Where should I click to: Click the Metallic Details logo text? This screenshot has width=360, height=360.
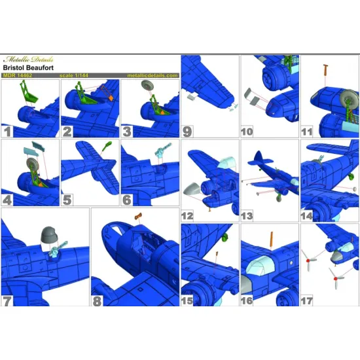(x=28, y=60)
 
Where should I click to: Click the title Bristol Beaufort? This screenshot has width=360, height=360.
(x=28, y=67)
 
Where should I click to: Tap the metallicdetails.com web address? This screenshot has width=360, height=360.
(x=153, y=75)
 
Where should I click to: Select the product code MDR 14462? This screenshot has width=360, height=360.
(x=18, y=75)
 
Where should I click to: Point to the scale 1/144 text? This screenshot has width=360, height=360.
(x=74, y=75)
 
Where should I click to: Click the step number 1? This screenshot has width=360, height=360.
(x=7, y=132)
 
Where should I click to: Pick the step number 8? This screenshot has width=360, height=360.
(x=97, y=301)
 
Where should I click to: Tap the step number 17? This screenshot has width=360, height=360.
(x=307, y=301)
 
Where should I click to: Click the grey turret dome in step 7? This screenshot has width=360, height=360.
(x=49, y=234)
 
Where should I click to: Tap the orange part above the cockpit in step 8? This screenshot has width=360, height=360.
(x=138, y=216)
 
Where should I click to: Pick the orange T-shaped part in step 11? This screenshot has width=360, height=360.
(x=325, y=70)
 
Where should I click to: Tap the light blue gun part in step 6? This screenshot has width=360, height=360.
(x=163, y=150)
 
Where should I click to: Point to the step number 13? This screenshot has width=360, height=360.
(x=247, y=216)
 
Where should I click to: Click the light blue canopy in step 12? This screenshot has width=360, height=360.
(x=227, y=162)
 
